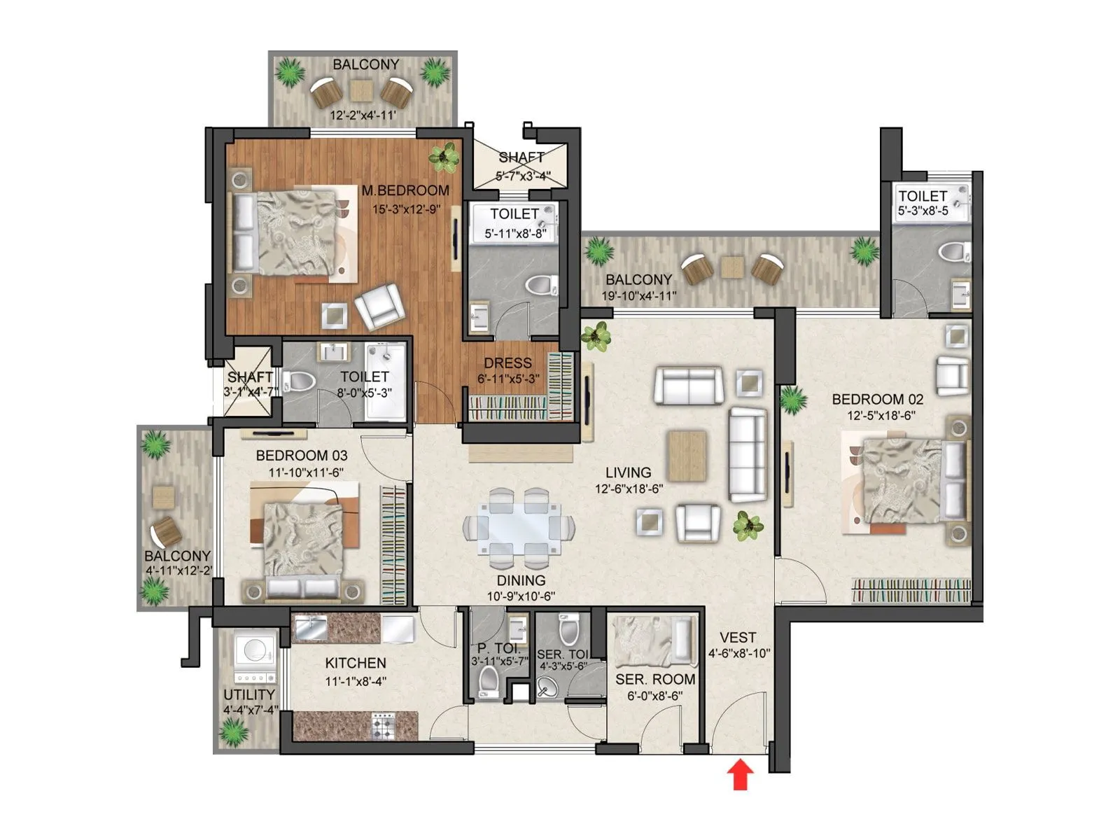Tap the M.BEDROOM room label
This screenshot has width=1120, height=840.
(405, 190)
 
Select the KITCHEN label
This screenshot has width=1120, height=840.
(356, 663)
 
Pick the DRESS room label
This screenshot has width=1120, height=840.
(507, 363)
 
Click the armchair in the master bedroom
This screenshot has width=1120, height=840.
(379, 306)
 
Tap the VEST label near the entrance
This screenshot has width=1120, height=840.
(738, 638)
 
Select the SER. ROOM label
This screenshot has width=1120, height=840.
(655, 679)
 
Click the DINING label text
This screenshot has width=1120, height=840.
(521, 580)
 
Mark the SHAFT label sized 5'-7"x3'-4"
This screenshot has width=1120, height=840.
(521, 158)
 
